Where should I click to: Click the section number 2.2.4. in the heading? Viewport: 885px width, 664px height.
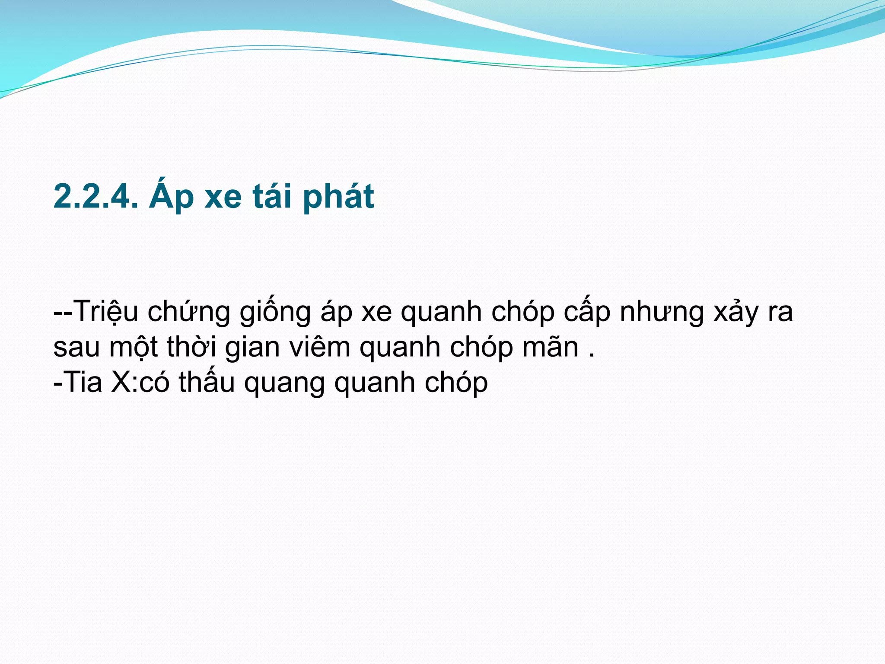coord(96,197)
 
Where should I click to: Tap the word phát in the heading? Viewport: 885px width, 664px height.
coord(338,197)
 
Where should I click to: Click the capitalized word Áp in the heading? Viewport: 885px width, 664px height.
coord(171,197)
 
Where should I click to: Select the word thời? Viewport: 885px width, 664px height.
coord(191,347)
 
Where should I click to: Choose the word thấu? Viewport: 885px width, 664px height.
coord(207,383)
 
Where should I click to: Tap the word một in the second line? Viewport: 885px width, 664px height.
coord(134,348)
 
